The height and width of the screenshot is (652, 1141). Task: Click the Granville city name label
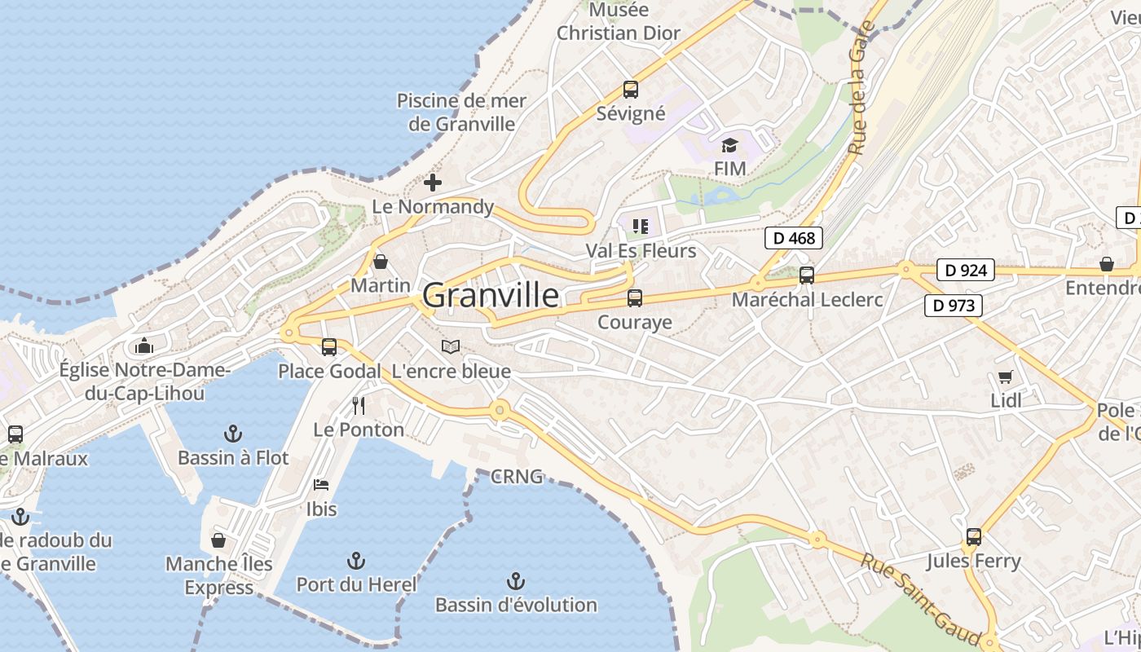[491, 295]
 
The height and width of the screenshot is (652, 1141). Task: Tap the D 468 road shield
[793, 238]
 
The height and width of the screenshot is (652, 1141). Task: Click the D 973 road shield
[953, 306]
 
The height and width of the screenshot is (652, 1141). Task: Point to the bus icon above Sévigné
[630, 90]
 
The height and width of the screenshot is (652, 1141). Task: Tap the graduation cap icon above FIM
[729, 146]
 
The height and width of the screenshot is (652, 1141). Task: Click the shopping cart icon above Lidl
[1006, 377]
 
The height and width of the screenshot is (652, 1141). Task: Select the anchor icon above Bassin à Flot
[233, 433]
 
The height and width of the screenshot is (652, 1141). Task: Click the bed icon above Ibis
[321, 485]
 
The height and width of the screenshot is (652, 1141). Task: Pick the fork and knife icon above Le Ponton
[358, 405]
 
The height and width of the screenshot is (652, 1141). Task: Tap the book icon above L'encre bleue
[451, 346]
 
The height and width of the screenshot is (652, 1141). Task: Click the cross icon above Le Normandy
[433, 182]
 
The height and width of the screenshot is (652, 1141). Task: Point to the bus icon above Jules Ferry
[973, 537]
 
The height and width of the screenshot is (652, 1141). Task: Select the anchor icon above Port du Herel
[355, 560]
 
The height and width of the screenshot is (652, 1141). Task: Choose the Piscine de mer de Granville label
[461, 112]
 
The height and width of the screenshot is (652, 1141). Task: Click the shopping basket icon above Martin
[380, 262]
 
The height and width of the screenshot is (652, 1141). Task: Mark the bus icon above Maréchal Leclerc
[806, 275]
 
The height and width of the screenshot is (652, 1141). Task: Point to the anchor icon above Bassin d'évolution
[515, 580]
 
